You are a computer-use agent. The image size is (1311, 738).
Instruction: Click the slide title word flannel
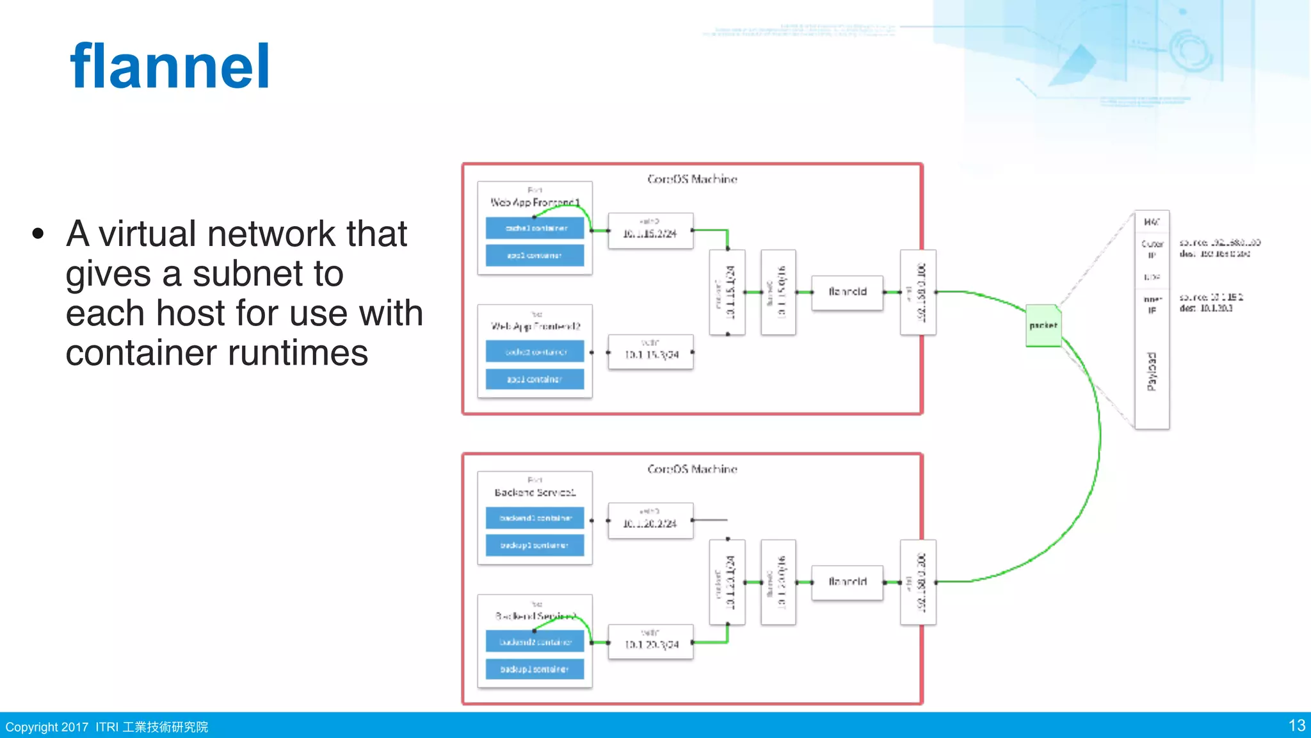(170, 67)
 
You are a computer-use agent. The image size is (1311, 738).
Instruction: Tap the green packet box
(1043, 326)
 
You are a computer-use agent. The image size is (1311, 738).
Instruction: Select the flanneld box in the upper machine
(847, 292)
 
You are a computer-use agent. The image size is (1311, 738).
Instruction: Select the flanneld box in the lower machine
(847, 582)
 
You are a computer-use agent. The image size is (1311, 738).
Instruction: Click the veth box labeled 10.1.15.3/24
(650, 352)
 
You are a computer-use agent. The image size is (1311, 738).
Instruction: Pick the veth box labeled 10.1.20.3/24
(650, 642)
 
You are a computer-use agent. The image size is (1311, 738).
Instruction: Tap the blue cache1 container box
(535, 228)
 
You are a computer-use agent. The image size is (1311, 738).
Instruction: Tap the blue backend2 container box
(535, 642)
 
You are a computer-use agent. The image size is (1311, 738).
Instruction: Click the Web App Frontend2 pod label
(535, 326)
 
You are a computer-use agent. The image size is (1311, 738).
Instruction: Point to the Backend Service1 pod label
(535, 493)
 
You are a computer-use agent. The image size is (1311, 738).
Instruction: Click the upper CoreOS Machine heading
(692, 179)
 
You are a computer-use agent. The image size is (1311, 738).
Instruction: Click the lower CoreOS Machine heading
(692, 470)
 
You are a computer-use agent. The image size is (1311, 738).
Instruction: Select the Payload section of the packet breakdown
(1152, 372)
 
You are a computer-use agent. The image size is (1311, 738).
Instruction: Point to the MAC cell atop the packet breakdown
(1152, 222)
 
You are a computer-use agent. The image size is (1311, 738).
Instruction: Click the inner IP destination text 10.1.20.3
(1216, 309)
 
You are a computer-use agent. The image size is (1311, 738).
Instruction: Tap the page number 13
(1296, 726)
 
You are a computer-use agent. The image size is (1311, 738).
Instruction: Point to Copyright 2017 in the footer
(47, 727)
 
